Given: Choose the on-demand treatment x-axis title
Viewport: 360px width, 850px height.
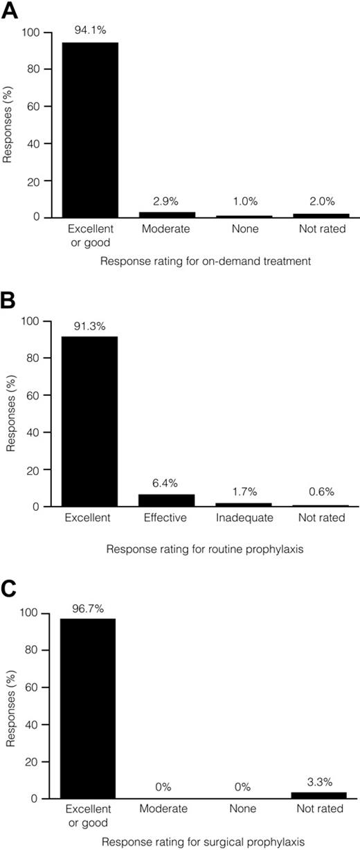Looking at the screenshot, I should pos(205,262).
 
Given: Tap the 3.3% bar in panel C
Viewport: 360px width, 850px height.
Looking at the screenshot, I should pos(318,795).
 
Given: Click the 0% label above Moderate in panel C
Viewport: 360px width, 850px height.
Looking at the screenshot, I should pos(166,787).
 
